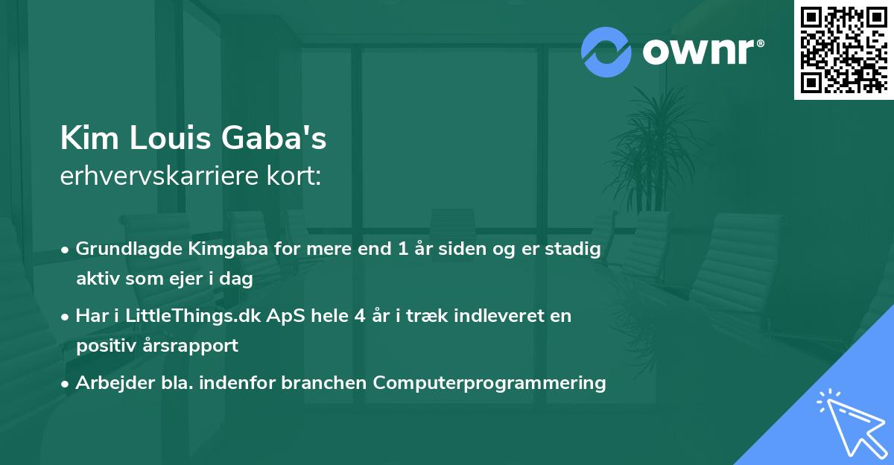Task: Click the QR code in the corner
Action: click(843, 49)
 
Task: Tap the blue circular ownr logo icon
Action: click(606, 52)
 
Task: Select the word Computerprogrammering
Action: click(489, 383)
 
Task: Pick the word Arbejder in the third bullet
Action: click(109, 383)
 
